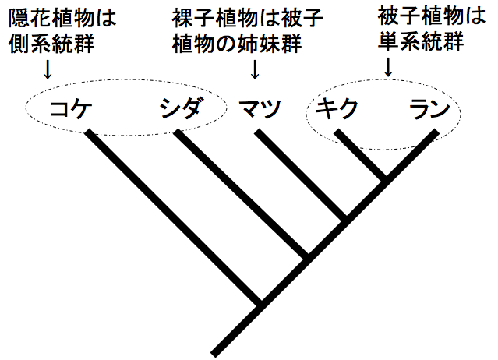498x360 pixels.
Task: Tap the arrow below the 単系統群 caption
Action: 387,69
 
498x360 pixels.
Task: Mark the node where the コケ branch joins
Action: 260,302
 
